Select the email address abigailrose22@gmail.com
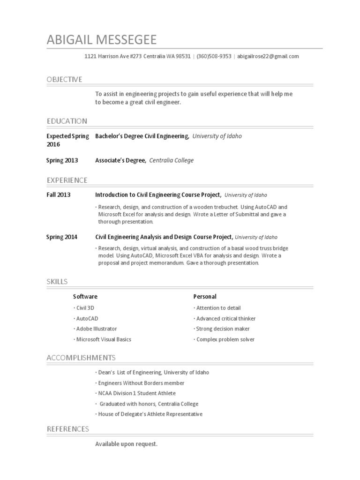[x=268, y=56]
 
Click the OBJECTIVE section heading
[x=64, y=79]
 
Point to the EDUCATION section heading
[x=67, y=121]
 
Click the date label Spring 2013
[x=62, y=160]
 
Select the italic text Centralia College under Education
[x=171, y=160]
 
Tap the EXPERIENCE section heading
[x=67, y=180]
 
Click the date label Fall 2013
[x=58, y=195]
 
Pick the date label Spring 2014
[x=62, y=237]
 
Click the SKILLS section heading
[x=57, y=281]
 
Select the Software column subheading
[x=85, y=296]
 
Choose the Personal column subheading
[x=205, y=296]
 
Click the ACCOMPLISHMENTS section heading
[x=81, y=358]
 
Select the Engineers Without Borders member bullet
[x=140, y=383]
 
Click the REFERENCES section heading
[x=67, y=429]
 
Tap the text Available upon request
[x=126, y=443]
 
